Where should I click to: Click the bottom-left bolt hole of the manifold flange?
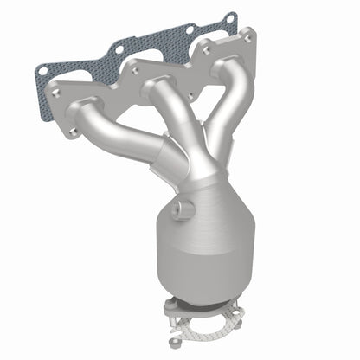(x=71, y=131)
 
